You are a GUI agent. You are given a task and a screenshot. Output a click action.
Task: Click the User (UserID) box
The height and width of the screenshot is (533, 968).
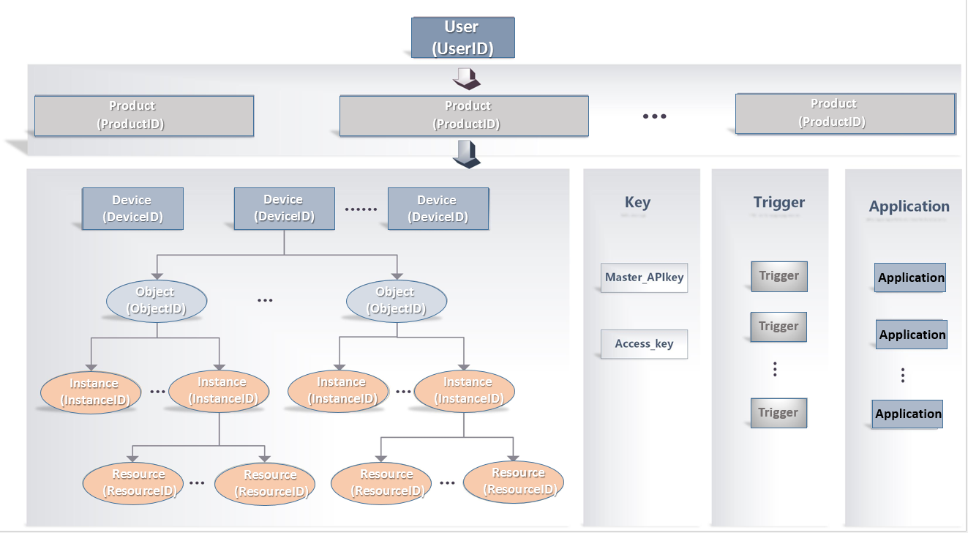(462, 37)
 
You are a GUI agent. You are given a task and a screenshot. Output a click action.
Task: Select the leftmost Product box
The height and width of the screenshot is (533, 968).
(144, 116)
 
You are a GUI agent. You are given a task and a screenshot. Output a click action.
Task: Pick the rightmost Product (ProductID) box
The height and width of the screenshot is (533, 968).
(845, 113)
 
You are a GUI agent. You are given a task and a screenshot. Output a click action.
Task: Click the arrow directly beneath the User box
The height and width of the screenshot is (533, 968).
(465, 76)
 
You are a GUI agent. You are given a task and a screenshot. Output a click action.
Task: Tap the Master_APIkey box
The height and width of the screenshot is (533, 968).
(644, 278)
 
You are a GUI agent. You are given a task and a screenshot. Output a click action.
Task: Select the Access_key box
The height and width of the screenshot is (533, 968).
(644, 344)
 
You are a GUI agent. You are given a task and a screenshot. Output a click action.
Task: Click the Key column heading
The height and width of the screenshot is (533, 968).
(637, 203)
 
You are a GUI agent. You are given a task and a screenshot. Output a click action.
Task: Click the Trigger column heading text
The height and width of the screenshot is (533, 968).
(779, 203)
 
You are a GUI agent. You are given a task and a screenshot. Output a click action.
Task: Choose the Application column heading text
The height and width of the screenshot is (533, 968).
(909, 206)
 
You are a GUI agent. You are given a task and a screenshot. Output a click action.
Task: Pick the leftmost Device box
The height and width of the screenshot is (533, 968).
(132, 209)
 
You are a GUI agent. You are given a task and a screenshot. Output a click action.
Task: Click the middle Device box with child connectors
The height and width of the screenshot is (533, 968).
(284, 208)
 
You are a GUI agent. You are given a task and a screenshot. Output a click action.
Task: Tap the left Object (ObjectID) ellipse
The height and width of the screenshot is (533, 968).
(157, 301)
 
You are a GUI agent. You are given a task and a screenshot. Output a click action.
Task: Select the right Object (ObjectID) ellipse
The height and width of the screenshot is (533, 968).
(396, 301)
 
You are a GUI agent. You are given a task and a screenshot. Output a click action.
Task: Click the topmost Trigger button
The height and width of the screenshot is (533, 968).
(779, 277)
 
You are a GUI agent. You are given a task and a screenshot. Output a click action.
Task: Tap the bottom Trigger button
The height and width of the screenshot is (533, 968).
(778, 413)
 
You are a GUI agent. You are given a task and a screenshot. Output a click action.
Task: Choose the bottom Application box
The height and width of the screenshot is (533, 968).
(907, 414)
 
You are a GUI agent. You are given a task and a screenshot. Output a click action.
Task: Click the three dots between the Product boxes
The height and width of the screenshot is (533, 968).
(654, 116)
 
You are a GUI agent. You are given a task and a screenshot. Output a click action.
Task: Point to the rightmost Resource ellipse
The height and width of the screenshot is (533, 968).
(514, 482)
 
